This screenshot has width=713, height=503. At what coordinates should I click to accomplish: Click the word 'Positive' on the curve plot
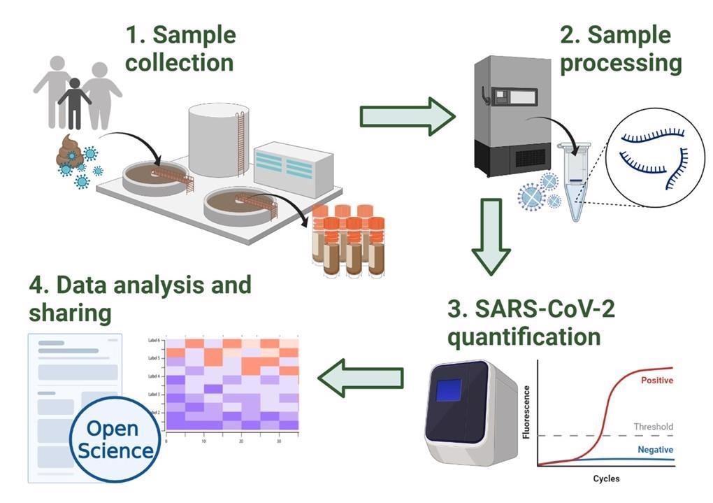[x=656, y=381]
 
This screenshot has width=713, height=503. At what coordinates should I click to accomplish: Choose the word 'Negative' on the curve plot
[x=655, y=450]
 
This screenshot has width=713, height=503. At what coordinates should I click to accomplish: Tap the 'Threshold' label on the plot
[x=653, y=427]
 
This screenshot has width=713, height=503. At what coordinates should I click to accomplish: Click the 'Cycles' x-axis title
[x=605, y=479]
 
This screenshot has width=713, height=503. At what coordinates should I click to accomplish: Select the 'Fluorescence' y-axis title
[x=526, y=412]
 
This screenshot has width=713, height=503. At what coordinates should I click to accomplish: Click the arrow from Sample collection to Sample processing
[x=407, y=115]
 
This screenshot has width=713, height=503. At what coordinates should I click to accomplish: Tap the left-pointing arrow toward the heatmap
[x=361, y=378]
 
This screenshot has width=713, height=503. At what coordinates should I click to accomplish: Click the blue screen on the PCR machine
[x=449, y=390]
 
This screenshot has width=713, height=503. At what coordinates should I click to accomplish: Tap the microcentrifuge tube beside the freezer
[x=575, y=182]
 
